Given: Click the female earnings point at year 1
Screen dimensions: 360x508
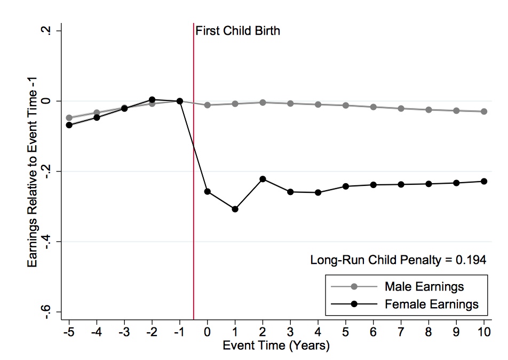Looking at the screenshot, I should [235, 209].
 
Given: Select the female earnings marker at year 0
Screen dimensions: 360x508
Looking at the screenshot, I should [208, 191].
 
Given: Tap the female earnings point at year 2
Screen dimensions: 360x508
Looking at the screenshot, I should [263, 179].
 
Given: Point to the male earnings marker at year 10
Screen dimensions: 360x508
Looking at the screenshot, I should [484, 112].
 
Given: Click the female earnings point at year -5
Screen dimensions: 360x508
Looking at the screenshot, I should [69, 125].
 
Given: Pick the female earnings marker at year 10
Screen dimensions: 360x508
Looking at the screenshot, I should [484, 182].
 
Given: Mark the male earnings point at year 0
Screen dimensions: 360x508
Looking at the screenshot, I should [208, 105].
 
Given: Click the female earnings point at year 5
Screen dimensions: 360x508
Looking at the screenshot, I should [346, 186].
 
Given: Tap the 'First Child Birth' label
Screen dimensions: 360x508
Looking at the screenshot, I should [237, 31].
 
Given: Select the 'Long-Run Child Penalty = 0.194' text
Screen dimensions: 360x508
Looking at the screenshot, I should [398, 260].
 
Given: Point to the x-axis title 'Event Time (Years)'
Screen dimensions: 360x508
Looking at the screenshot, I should [276, 346].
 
